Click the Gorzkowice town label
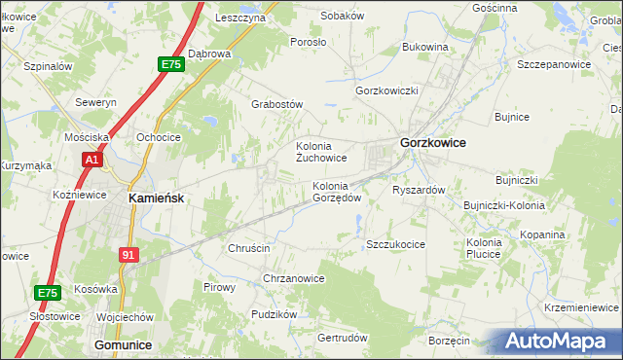click(x=432, y=143)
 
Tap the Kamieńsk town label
click(x=157, y=197)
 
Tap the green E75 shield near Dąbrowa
click(x=171, y=64)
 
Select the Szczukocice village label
click(x=395, y=244)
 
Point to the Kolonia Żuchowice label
click(x=321, y=152)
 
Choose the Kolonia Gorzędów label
click(x=337, y=192)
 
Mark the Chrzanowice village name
click(x=294, y=278)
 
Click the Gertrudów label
click(x=343, y=338)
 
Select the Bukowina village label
click(x=424, y=47)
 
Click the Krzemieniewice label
click(x=582, y=306)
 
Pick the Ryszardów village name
click(x=419, y=190)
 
